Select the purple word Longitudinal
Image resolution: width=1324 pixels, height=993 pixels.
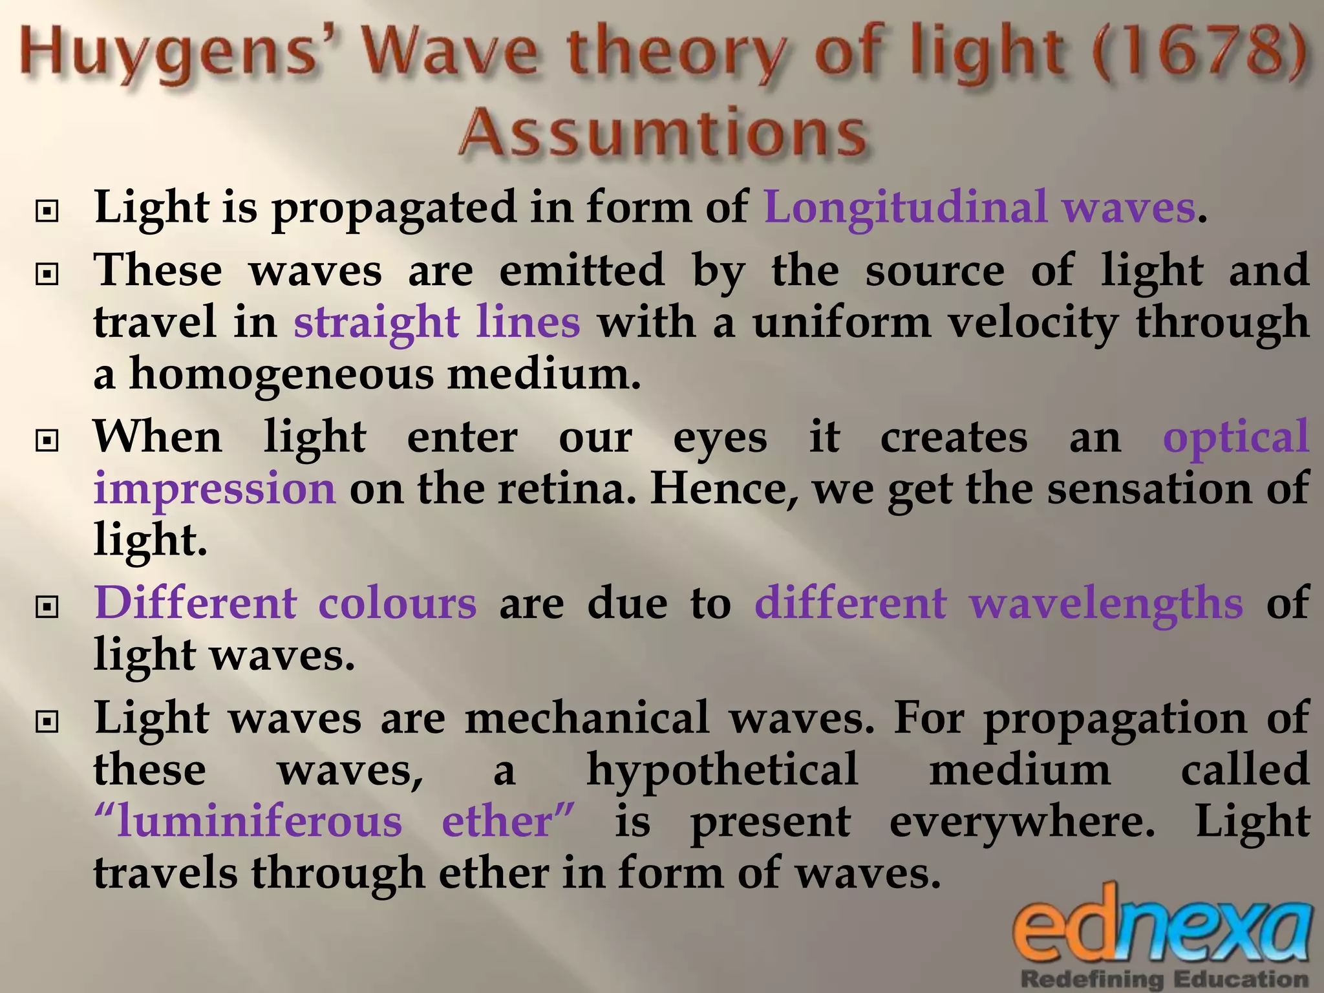(x=905, y=208)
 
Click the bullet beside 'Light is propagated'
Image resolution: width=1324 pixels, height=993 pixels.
(x=47, y=211)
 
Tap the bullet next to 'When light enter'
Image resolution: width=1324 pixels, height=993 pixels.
(x=47, y=442)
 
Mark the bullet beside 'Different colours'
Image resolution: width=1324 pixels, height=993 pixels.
(x=47, y=607)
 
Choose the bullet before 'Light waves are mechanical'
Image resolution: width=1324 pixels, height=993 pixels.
(x=47, y=723)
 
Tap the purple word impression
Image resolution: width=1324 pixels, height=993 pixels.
(x=215, y=488)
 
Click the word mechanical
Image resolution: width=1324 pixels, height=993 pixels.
(x=587, y=718)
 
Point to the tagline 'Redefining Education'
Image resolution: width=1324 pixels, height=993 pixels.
(x=1164, y=979)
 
